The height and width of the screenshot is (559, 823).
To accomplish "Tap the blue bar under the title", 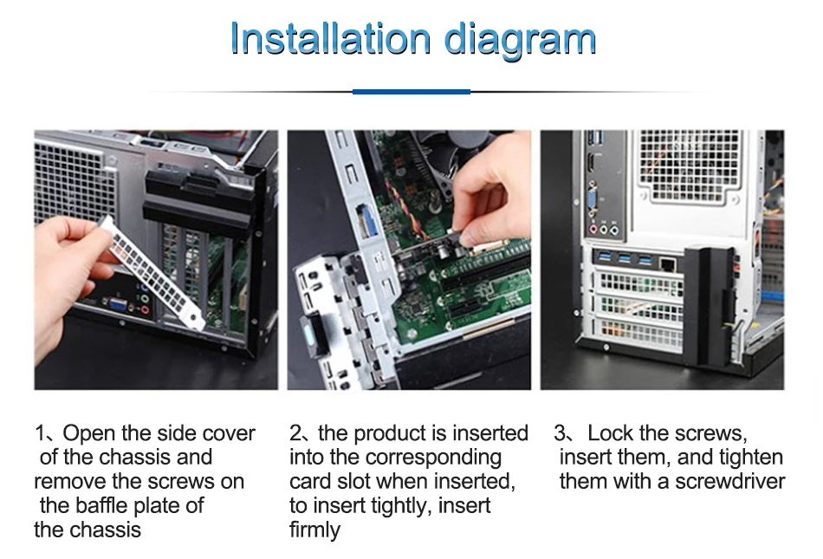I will point(411,91).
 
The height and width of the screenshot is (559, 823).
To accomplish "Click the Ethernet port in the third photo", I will point(668,262).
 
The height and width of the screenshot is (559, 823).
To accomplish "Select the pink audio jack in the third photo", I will point(593,229).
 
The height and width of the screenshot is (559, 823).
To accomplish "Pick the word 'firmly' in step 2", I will point(314,530).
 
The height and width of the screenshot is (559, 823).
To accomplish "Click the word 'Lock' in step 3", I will point(610,433).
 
